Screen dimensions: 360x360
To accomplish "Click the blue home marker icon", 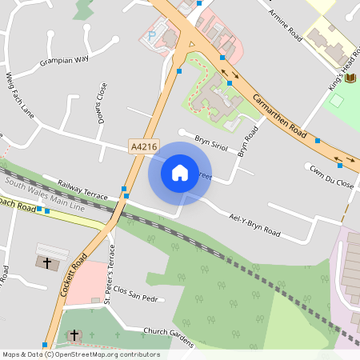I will coord(180,172).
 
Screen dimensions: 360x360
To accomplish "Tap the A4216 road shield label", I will coord(141,146).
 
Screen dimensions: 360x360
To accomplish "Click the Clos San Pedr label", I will coord(138,293).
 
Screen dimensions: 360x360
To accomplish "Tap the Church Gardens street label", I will coord(169,336).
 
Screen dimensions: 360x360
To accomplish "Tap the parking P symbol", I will coord(152,37).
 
